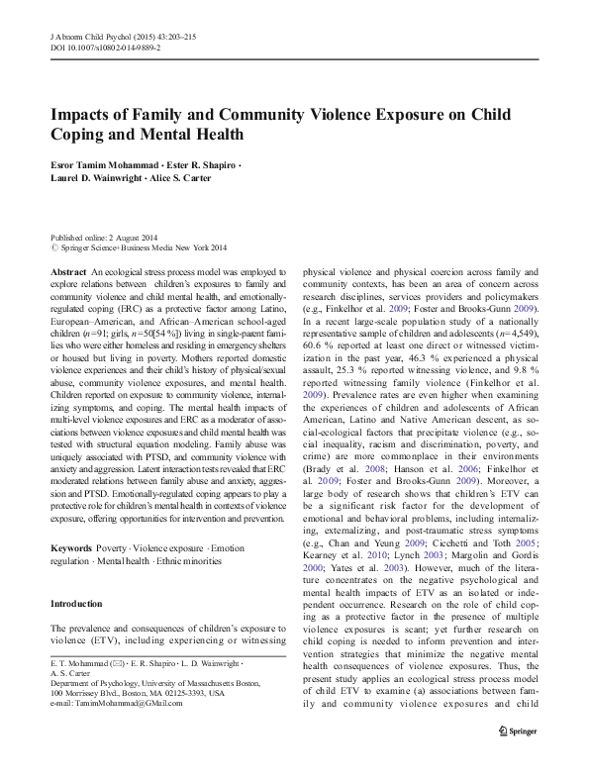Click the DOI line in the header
click(x=106, y=47)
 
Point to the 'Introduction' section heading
click(x=76, y=605)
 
